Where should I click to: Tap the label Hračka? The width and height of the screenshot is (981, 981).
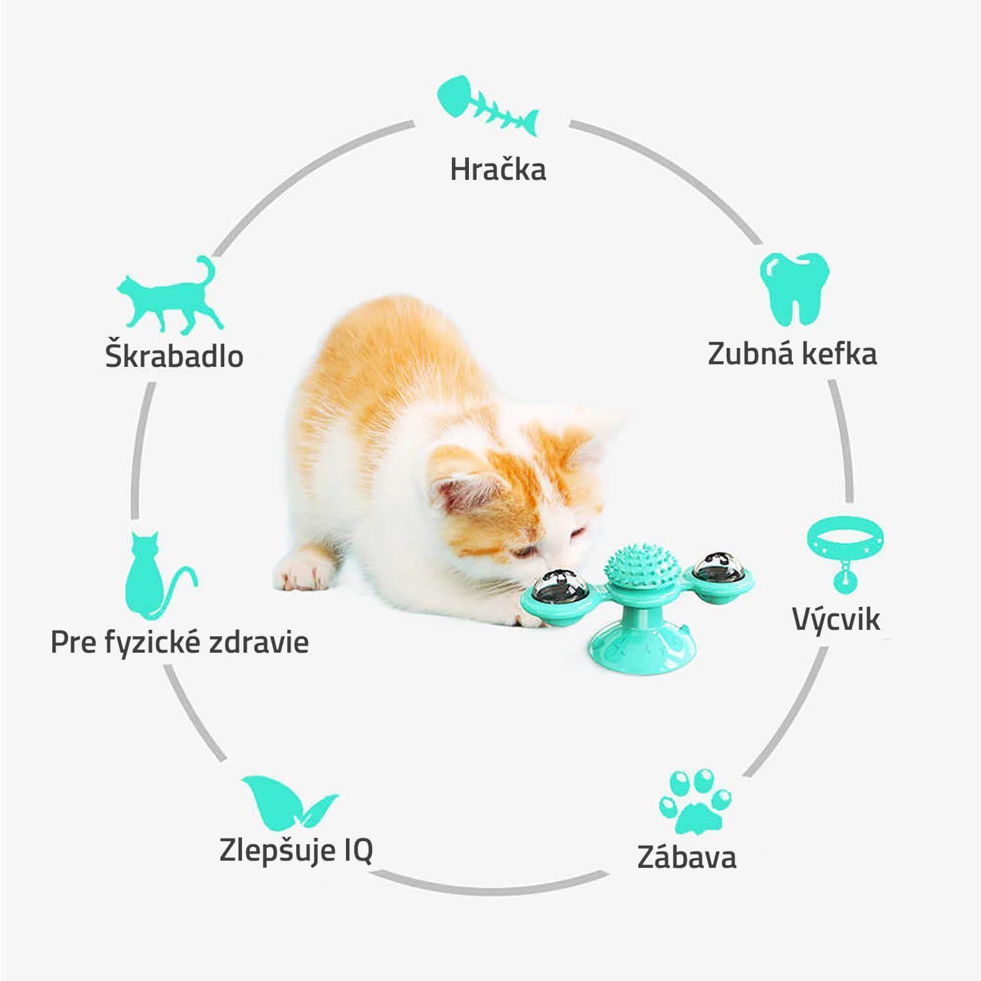click(x=498, y=170)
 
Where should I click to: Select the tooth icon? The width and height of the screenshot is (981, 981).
click(x=794, y=288)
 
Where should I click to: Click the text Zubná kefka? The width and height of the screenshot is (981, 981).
click(x=792, y=354)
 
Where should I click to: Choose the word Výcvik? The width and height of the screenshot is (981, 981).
click(x=836, y=619)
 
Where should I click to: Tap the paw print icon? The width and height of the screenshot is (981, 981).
click(x=695, y=802)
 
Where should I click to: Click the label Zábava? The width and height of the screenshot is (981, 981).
click(x=687, y=857)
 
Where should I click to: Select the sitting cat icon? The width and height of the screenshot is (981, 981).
click(x=157, y=576)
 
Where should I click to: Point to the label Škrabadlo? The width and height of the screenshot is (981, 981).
click(x=174, y=356)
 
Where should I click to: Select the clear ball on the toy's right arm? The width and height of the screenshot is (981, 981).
click(x=714, y=569)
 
